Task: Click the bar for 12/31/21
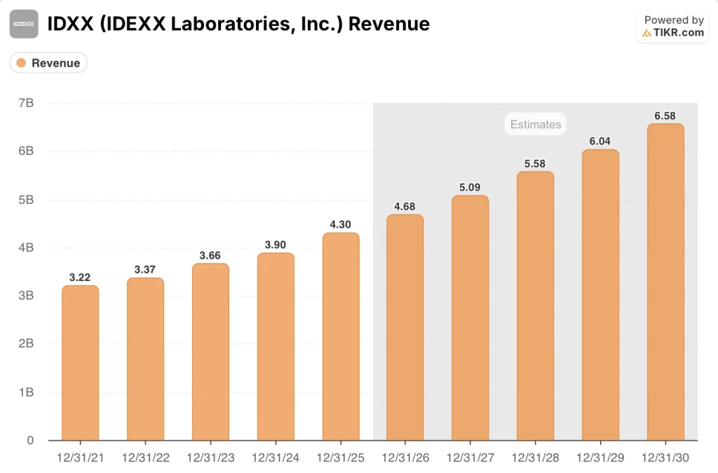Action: [80, 363]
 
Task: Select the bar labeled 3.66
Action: [210, 352]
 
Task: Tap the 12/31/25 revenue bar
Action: [341, 336]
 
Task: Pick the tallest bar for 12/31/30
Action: [665, 282]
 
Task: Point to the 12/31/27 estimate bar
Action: [470, 317]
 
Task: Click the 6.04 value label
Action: [600, 141]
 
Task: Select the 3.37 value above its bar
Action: [145, 269]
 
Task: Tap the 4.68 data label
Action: [405, 205]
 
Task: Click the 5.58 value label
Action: [536, 163]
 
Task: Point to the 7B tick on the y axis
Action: [27, 103]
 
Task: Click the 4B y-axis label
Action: [27, 247]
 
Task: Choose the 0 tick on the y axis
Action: [30, 440]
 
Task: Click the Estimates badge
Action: [536, 124]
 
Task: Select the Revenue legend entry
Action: [48, 63]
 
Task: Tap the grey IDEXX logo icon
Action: [25, 25]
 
